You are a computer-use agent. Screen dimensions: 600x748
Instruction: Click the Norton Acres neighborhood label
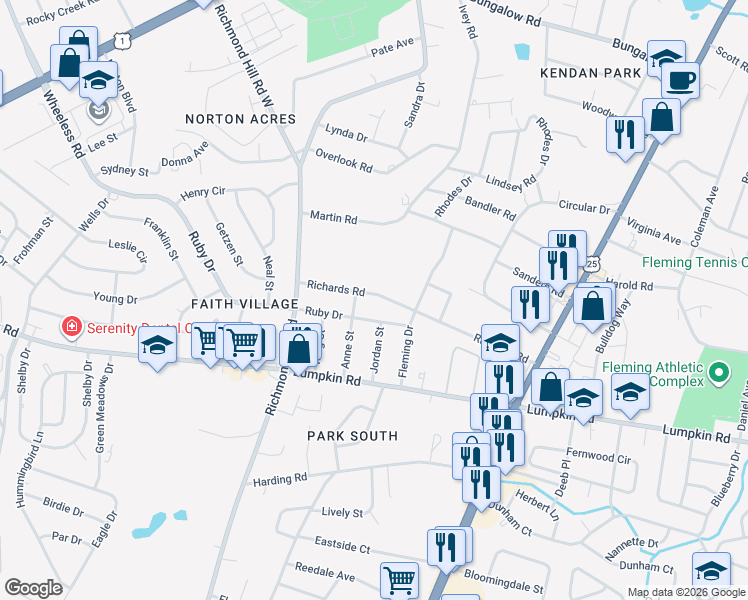tap(241, 119)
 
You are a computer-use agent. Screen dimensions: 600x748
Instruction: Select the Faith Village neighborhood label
tap(245, 303)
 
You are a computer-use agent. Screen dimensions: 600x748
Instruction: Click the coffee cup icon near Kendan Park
tap(680, 79)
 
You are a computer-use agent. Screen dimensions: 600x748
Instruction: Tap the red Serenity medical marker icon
tap(71, 327)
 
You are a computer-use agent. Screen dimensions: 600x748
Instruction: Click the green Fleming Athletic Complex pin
tap(719, 374)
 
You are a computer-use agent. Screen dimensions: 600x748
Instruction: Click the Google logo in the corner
tap(33, 588)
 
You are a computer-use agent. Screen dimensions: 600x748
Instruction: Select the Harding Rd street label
tap(271, 480)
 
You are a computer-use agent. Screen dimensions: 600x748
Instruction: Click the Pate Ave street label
tap(392, 47)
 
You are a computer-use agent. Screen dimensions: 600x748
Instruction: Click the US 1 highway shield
tap(121, 39)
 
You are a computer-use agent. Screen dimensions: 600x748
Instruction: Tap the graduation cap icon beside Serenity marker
tap(158, 347)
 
